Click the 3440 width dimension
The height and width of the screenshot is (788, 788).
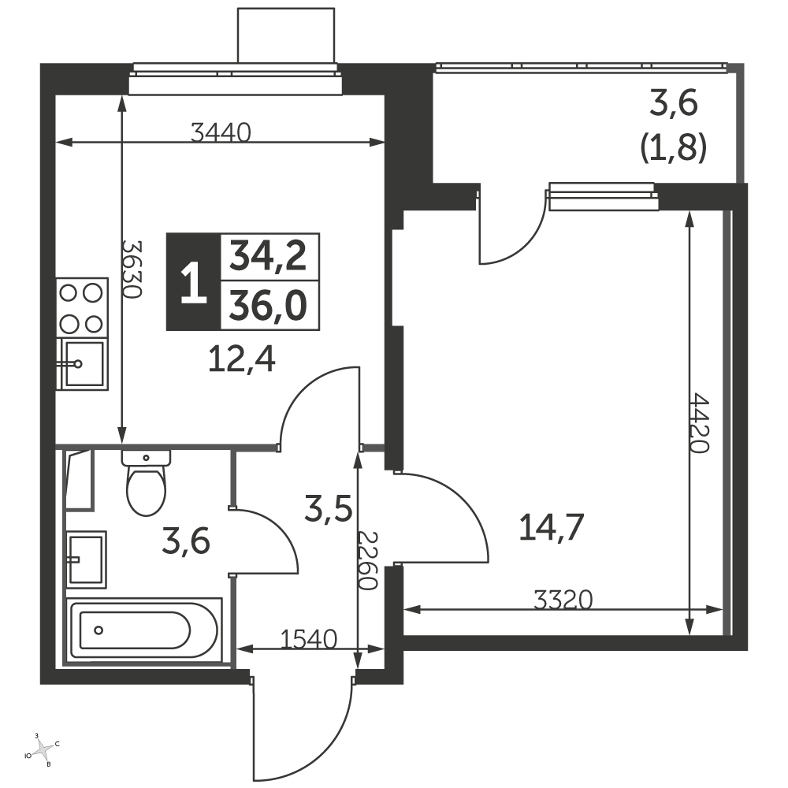point(221,132)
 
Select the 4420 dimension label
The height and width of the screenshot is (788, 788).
point(699,423)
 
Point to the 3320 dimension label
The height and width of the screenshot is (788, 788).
point(563,600)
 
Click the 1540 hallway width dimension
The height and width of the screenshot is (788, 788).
point(308,640)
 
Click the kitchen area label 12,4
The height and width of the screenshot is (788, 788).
point(242,360)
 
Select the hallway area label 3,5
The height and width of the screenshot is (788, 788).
point(328,508)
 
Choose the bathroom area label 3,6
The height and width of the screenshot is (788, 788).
point(186,542)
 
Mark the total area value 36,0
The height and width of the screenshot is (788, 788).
point(268,306)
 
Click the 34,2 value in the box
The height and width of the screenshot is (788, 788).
point(268,256)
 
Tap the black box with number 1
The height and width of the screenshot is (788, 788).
point(194,282)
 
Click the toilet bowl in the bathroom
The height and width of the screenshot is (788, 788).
point(147,482)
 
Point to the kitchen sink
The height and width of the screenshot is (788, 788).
point(84,363)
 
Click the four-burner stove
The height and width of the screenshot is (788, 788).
point(82,307)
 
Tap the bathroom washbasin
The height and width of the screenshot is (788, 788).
point(86,559)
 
